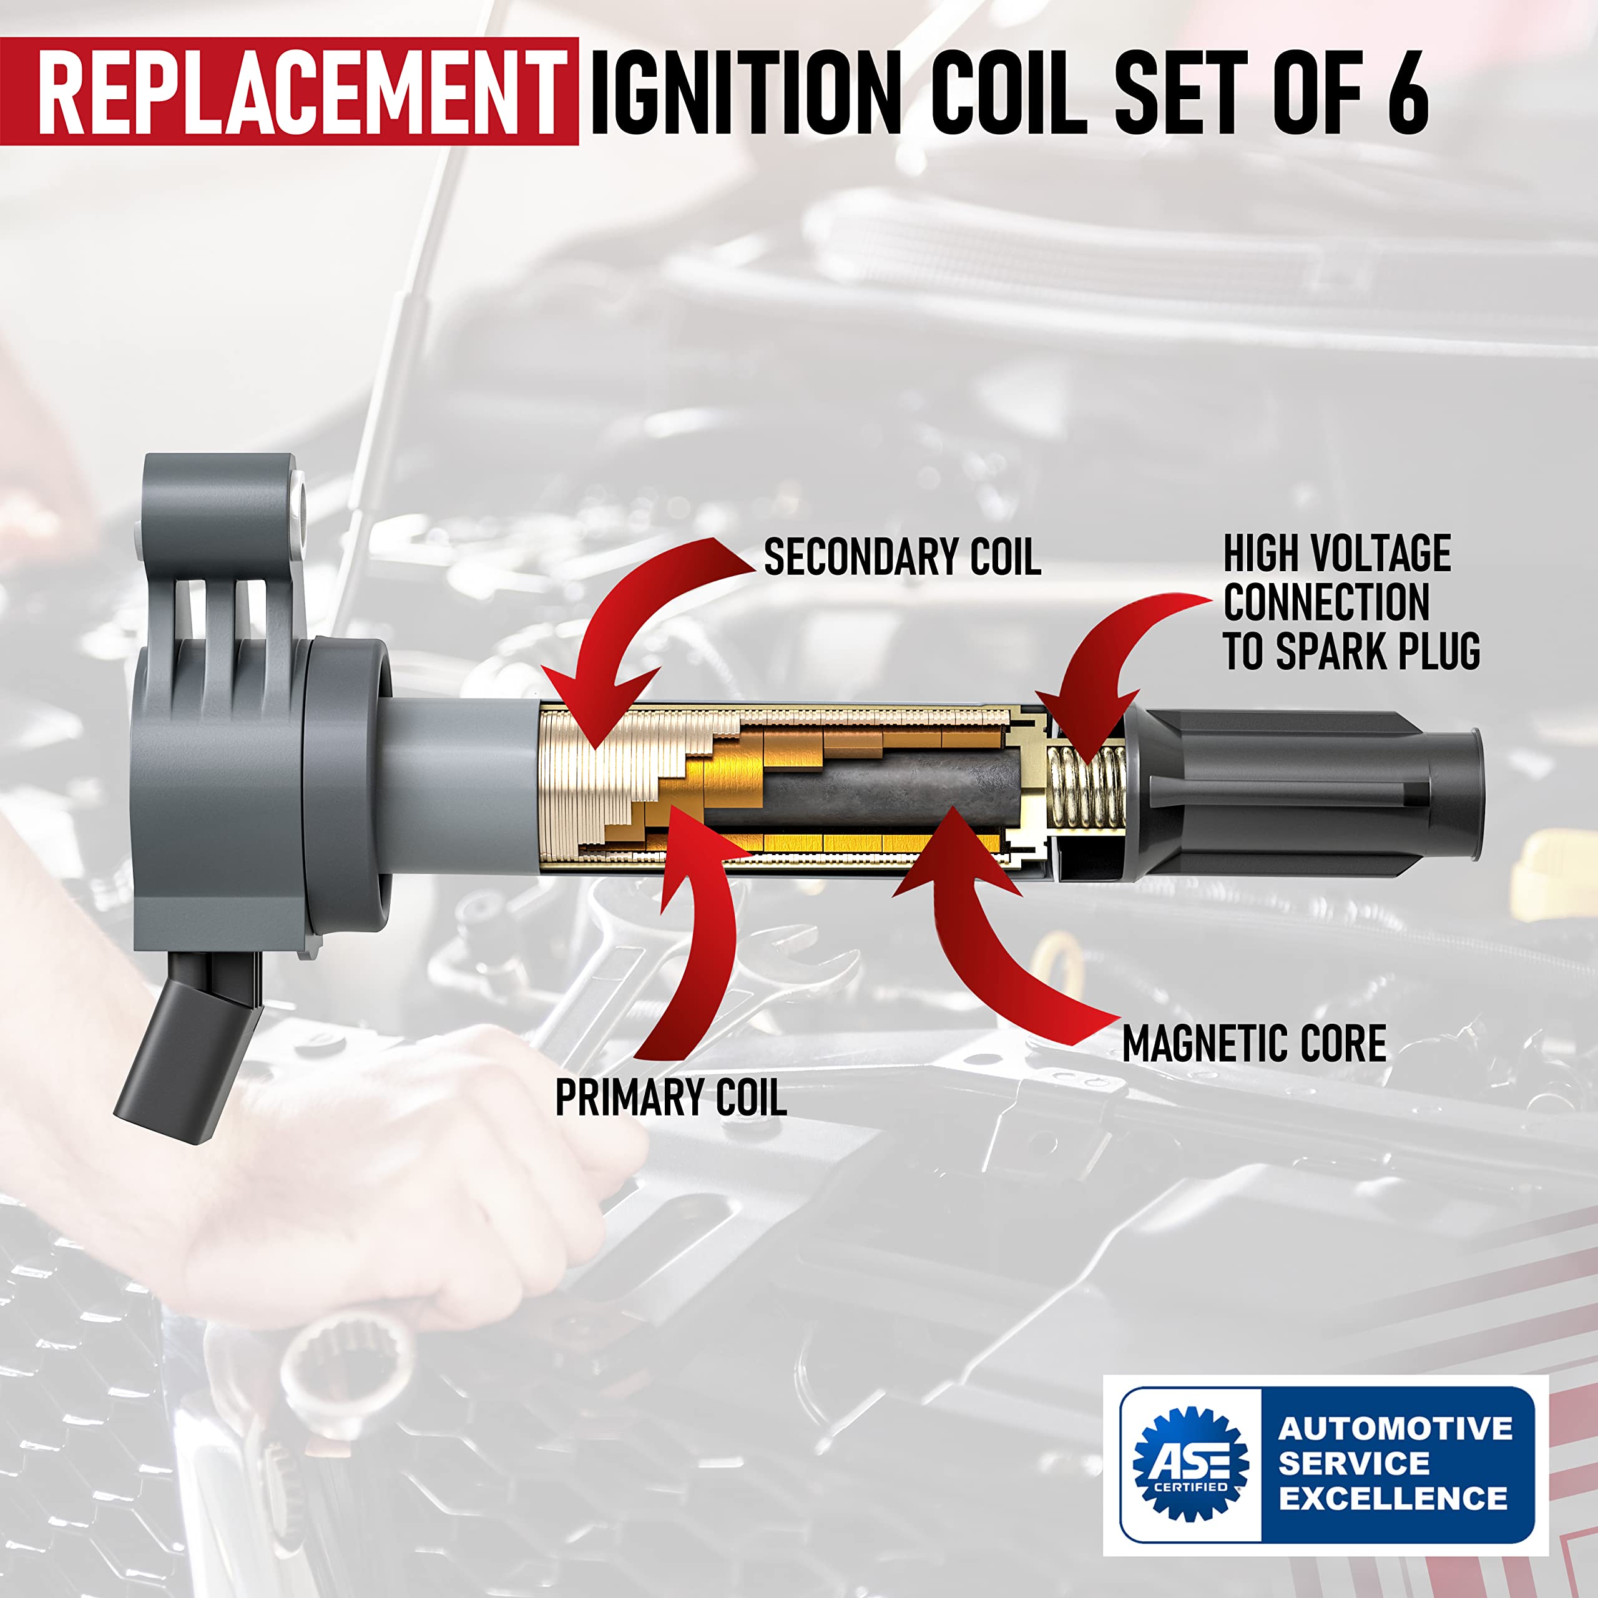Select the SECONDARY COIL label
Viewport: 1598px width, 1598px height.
(901, 557)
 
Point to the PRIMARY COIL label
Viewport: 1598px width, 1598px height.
(670, 1097)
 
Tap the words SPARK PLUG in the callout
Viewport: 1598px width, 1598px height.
(1377, 652)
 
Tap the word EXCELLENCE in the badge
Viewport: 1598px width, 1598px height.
(1393, 1498)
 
